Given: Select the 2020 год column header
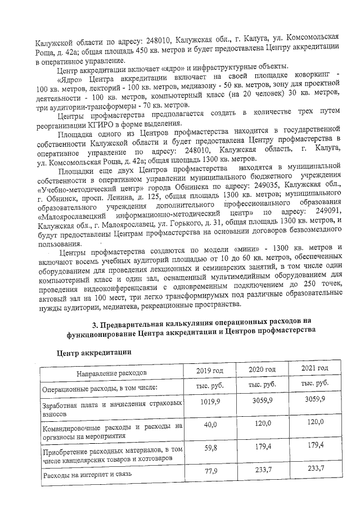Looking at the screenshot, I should [262, 369].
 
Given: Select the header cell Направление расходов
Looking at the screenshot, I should [111, 372].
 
